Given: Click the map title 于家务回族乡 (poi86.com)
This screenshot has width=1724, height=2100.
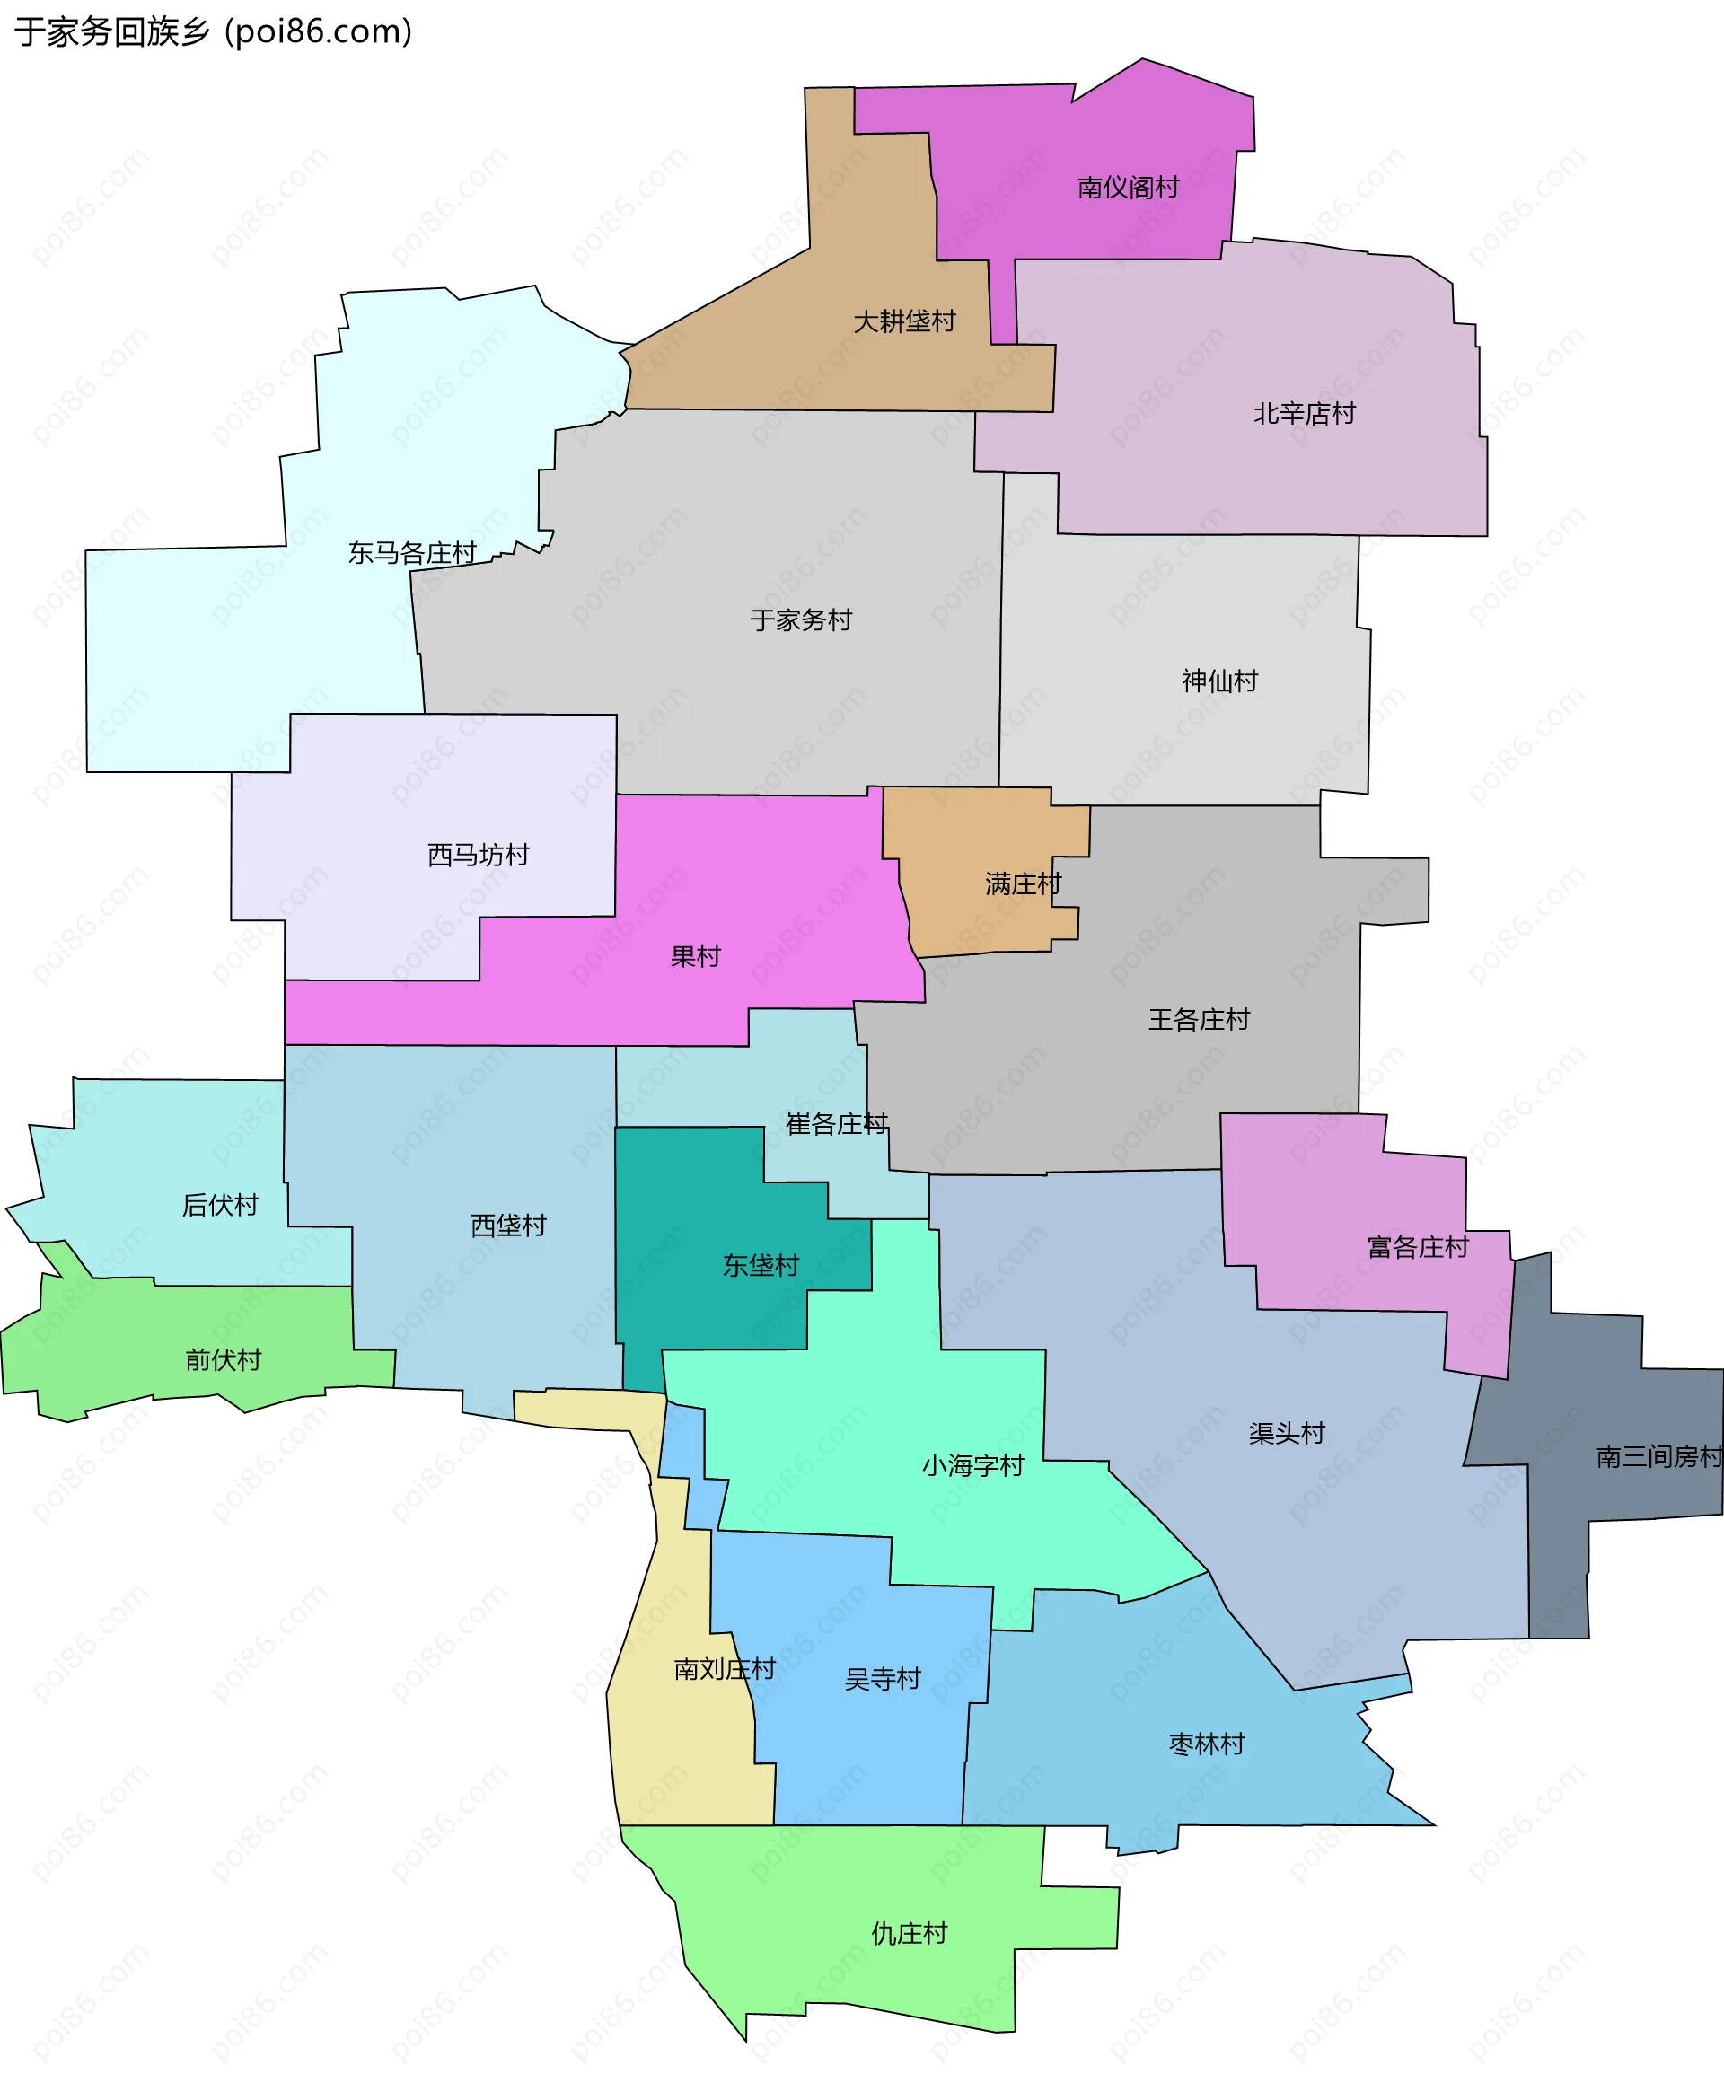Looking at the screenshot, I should coord(213,31).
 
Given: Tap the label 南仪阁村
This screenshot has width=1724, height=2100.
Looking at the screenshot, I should coord(1128,188).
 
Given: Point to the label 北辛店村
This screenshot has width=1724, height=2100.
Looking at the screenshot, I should coord(1304,413).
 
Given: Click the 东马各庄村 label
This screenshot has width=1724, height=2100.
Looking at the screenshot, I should coord(412,553).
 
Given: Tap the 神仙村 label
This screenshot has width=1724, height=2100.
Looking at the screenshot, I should coord(1219,681).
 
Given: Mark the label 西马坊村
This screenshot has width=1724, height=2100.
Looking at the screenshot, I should coord(478,855).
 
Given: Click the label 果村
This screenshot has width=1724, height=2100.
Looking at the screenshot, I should coord(695,957).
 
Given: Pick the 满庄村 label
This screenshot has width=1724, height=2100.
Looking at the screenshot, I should coord(1023,883).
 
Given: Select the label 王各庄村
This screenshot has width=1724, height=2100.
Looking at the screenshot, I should coord(1199,1020).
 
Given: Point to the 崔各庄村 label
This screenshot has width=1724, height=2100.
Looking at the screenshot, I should coord(836,1124).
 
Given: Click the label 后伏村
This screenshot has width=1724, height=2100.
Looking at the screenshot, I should coord(221,1206).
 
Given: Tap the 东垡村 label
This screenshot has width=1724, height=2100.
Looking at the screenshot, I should coord(761,1266).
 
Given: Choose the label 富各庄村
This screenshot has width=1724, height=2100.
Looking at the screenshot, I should coord(1417,1247).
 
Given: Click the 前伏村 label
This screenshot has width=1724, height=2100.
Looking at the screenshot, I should coord(224,1360).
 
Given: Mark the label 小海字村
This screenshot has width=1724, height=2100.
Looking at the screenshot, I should coord(972,1465).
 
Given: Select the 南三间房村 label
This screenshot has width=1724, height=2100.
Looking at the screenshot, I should coord(1658,1456).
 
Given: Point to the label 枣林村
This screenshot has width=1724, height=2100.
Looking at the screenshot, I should coord(1207,1744).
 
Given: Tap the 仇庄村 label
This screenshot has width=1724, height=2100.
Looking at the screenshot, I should coord(909,1933).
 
